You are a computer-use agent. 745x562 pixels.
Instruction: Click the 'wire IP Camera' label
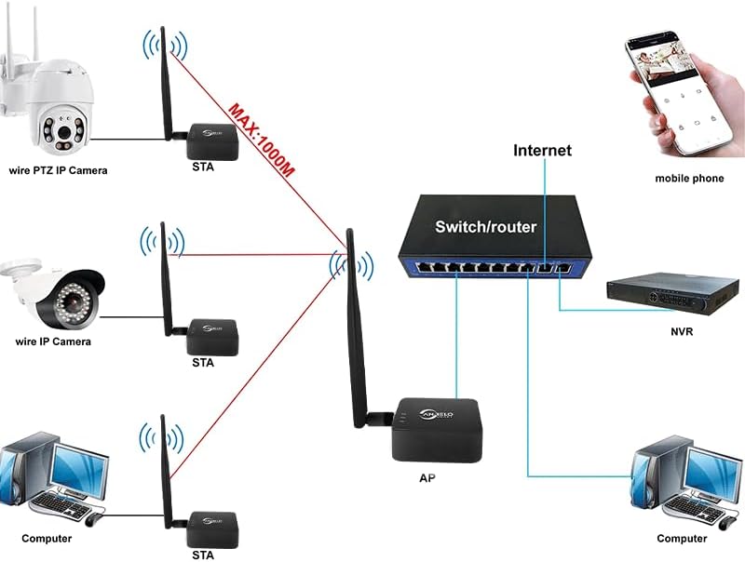(53, 341)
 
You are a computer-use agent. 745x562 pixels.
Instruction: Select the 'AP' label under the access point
(427, 476)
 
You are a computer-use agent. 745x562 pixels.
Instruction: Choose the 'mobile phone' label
(689, 178)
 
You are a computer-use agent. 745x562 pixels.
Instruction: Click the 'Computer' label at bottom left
(47, 539)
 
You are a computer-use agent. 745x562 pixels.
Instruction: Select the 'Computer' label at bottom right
(682, 539)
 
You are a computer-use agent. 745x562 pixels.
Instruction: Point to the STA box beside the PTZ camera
(210, 141)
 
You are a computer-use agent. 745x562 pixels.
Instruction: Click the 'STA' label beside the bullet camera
(203, 363)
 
